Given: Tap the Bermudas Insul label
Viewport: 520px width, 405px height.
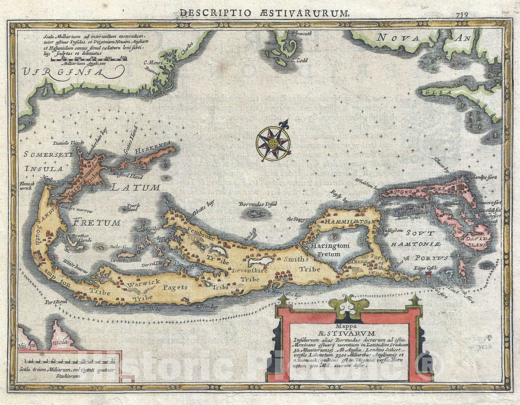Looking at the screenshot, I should click(x=257, y=205).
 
